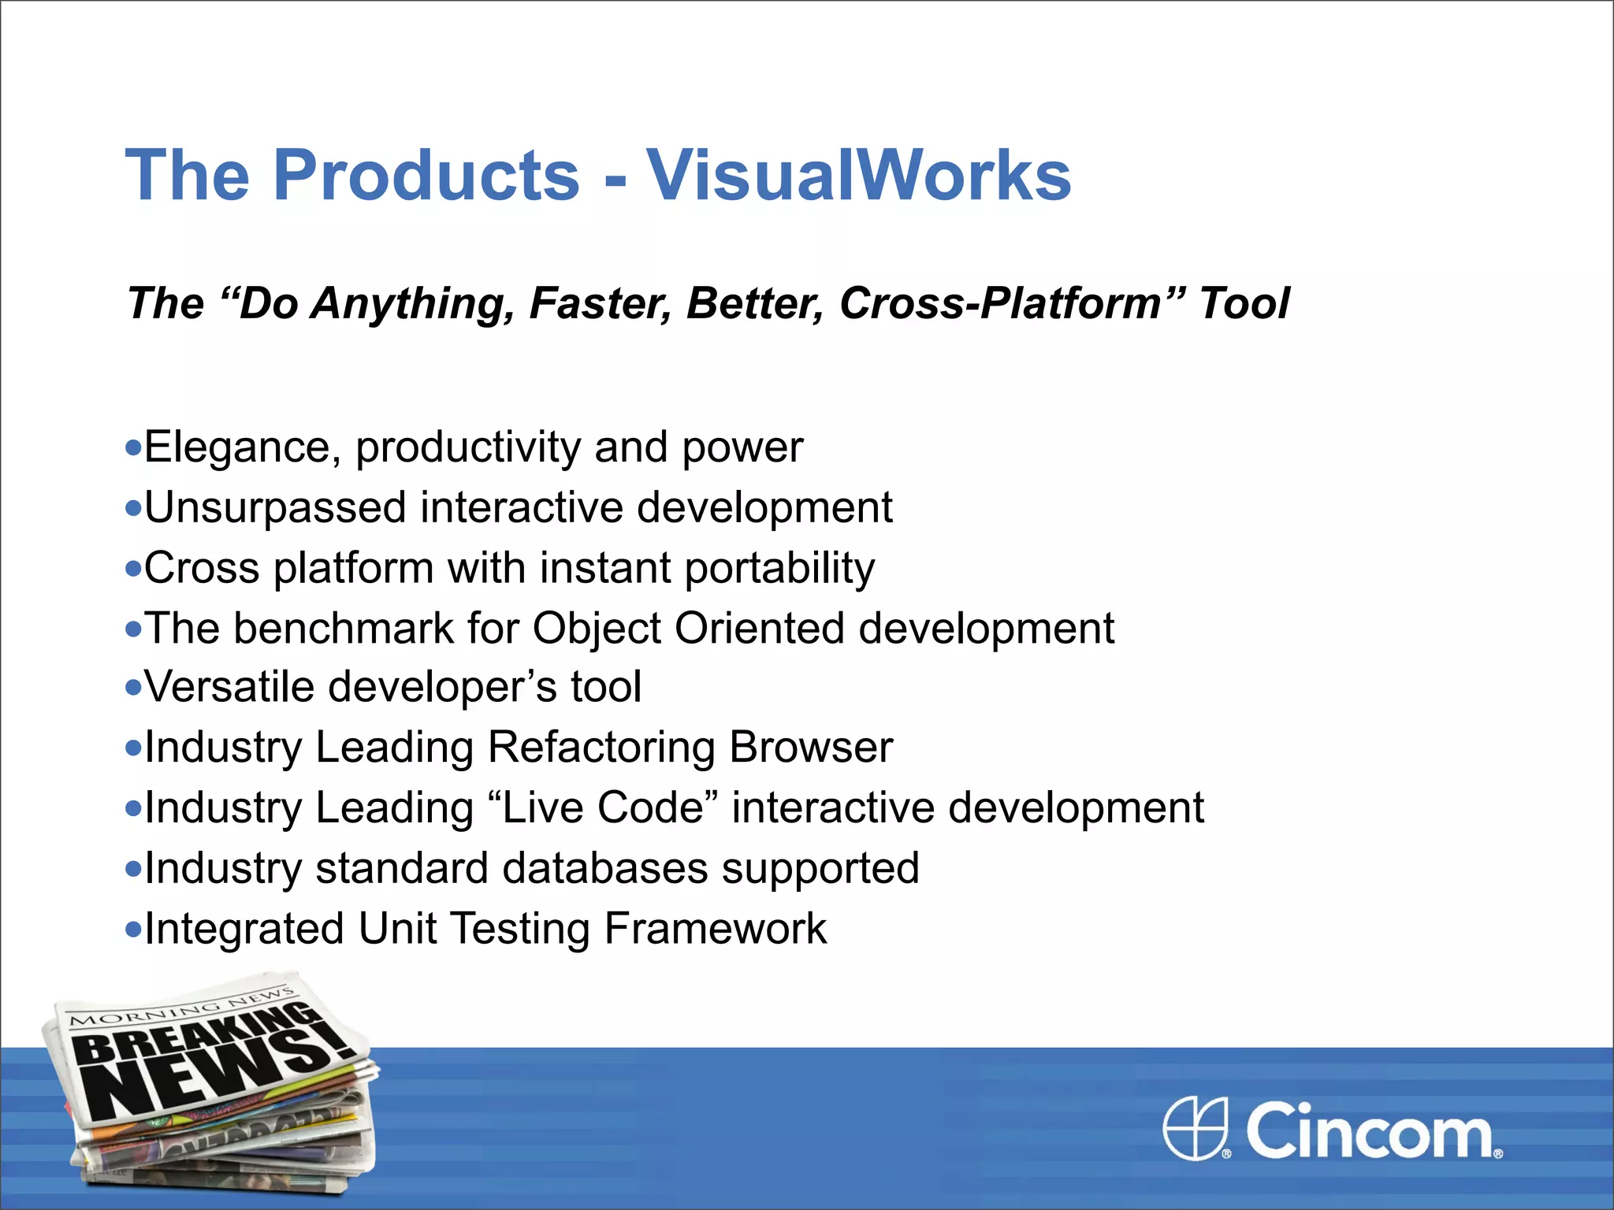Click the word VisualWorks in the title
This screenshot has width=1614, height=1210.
click(858, 175)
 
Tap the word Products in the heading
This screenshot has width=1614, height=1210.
click(426, 175)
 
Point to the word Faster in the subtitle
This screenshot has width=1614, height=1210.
click(600, 303)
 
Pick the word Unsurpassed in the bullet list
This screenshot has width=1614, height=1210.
click(275, 507)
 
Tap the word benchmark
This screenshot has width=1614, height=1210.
click(343, 629)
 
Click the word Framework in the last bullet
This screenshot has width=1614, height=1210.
click(716, 929)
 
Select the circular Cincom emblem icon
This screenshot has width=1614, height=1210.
click(1195, 1128)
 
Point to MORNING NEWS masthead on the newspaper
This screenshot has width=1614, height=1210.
click(181, 1008)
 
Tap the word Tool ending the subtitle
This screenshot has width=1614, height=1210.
click(1244, 303)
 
